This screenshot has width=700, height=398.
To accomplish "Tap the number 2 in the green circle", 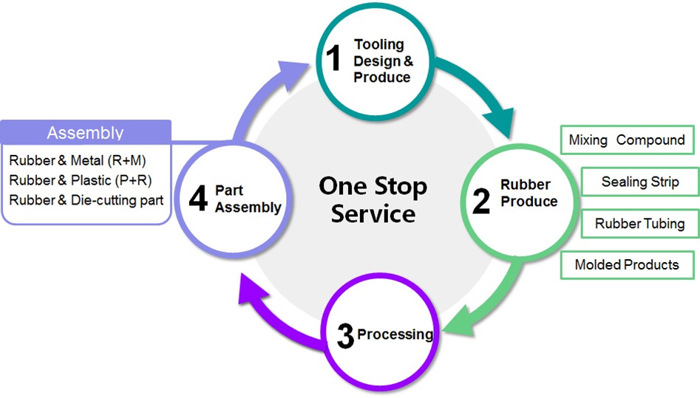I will (481, 200).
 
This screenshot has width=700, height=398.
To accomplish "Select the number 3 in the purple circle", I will (344, 336).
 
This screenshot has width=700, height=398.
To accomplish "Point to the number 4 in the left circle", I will (197, 199).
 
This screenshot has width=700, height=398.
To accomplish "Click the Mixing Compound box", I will (627, 140).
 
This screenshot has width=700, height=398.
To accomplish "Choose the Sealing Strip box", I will (640, 182).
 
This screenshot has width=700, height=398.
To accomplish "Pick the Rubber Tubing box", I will (640, 223).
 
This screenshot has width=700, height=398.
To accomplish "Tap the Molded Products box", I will (627, 264).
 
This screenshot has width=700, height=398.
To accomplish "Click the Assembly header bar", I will (86, 133).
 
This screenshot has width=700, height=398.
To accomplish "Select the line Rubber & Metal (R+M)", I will (83, 159).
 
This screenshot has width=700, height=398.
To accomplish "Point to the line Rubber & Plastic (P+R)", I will (81, 179).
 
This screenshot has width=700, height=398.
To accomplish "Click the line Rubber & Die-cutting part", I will (86, 199).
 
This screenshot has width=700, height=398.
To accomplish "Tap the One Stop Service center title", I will (373, 199).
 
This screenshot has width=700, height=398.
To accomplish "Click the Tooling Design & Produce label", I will (382, 61).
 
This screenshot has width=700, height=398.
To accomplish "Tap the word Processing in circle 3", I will (395, 334).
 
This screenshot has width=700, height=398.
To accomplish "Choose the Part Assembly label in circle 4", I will (248, 199).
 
